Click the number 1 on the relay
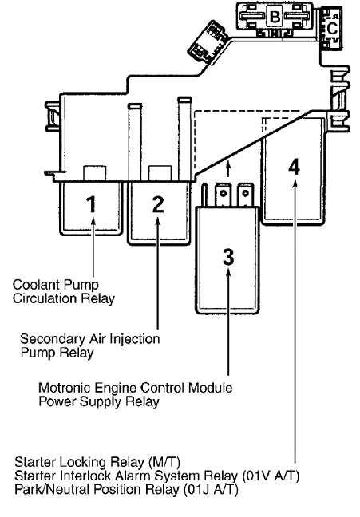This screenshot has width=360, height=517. (x=92, y=204)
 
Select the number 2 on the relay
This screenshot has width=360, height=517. (x=158, y=204)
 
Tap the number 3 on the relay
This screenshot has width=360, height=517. (x=228, y=257)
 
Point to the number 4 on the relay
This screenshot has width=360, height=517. (x=295, y=167)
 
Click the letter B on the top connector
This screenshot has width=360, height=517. (x=275, y=17)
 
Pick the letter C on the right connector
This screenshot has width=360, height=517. (x=332, y=28)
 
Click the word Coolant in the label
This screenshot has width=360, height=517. (x=37, y=285)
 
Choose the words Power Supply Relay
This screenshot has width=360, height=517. (x=99, y=401)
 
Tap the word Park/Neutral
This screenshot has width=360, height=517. (x=52, y=489)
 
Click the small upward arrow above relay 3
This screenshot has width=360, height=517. (x=228, y=169)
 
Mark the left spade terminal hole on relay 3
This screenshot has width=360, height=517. (x=224, y=193)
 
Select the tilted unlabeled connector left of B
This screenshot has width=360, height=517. (x=208, y=41)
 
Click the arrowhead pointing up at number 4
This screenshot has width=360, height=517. (x=295, y=183)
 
